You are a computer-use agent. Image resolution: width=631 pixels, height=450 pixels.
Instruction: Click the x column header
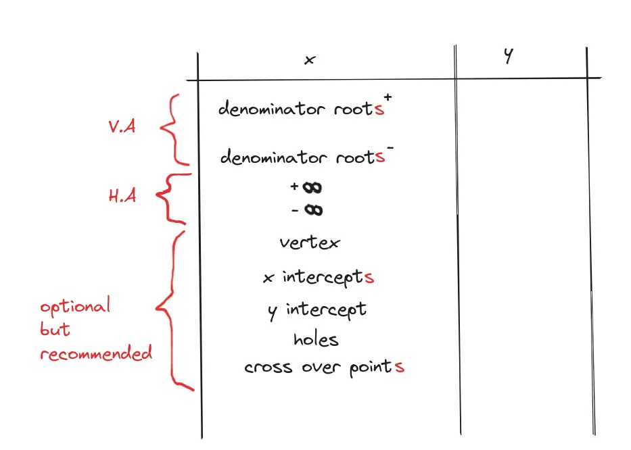[x=310, y=60]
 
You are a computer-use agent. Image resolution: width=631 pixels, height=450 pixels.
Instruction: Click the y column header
[x=508, y=57]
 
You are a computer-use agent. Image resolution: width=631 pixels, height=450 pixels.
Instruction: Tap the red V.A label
[x=122, y=126]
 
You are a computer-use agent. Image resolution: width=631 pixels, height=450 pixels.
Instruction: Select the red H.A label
[x=122, y=197]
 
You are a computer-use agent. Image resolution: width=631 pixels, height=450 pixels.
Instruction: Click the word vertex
[x=310, y=243]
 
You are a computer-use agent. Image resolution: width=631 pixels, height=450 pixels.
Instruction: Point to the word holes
[x=316, y=339]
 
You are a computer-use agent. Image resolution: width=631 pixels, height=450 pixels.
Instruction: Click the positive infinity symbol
[x=313, y=187]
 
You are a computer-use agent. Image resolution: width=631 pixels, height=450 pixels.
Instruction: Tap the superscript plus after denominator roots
[x=388, y=99]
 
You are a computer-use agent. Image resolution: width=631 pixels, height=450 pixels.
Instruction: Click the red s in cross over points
[x=400, y=368]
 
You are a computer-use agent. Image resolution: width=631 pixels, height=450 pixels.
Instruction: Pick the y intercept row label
[x=317, y=310]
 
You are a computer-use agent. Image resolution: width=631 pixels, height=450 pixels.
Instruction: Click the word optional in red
[x=74, y=307]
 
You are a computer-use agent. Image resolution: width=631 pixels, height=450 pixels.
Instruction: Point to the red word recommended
[x=95, y=353]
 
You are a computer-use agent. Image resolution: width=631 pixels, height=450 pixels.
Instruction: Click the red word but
[x=55, y=330]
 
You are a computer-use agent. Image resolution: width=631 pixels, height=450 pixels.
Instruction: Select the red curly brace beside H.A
[x=168, y=197]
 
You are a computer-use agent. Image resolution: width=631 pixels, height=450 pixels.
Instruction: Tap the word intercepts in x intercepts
[x=324, y=278]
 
